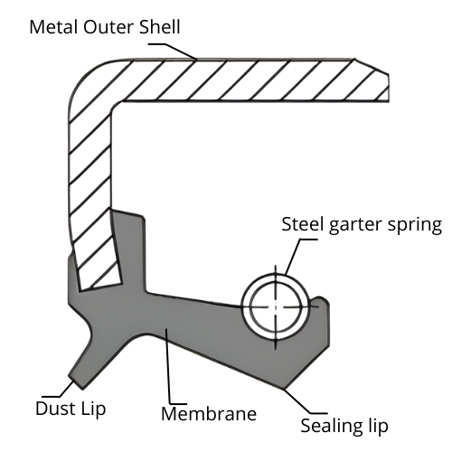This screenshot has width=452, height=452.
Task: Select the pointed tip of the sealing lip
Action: coord(284,387)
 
